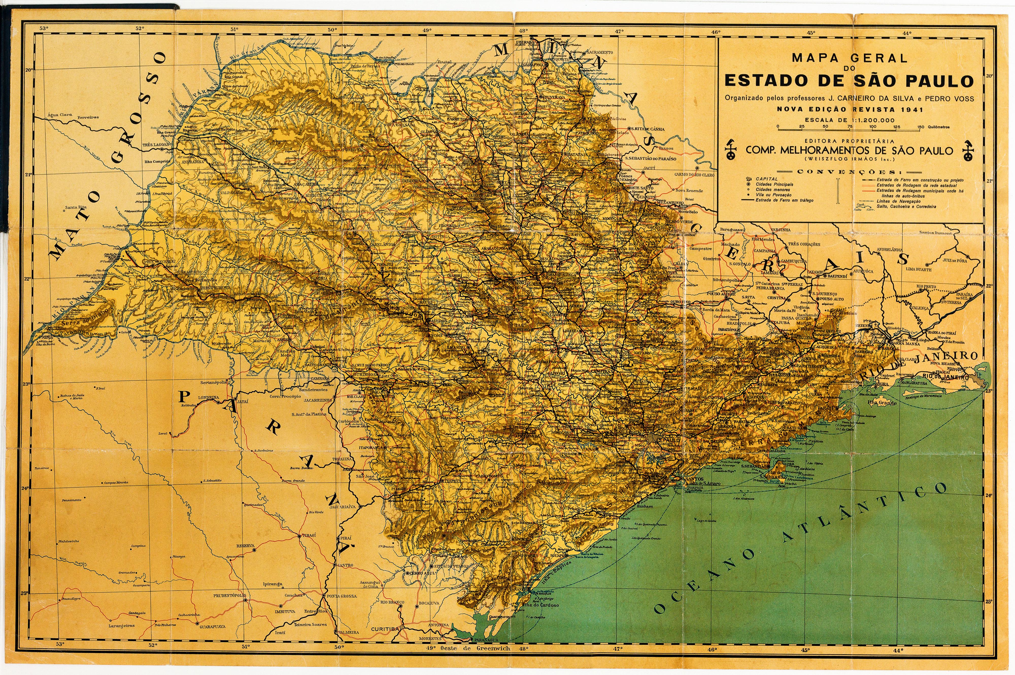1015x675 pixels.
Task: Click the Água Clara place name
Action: click(60, 115)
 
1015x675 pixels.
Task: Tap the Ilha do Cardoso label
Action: click(541, 605)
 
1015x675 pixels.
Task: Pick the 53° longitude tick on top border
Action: click(43, 28)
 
